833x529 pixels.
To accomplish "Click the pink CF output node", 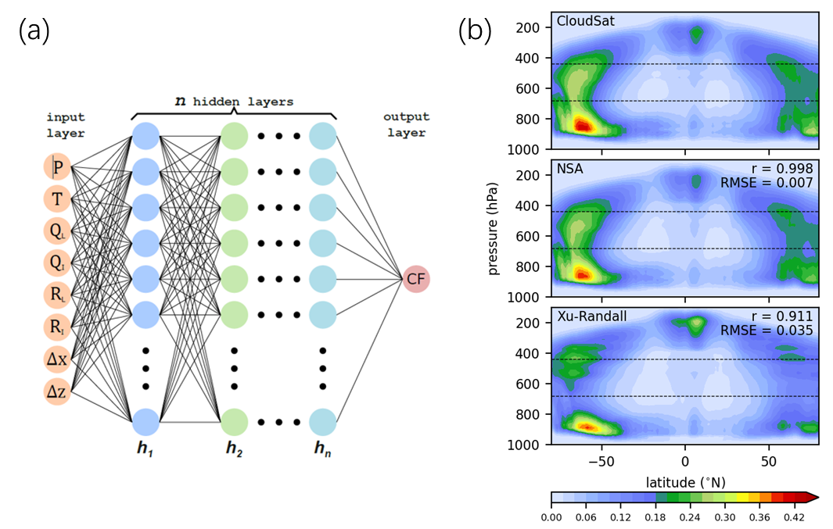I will click(x=416, y=279).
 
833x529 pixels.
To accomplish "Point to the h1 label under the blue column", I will click(x=145, y=449).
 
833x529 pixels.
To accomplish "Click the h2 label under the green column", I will click(x=234, y=449).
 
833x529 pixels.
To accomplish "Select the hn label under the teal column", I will click(x=322, y=449).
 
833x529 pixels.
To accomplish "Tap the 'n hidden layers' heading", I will click(x=234, y=102).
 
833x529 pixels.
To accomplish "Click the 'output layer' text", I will click(x=406, y=125).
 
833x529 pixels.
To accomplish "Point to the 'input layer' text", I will click(x=66, y=125).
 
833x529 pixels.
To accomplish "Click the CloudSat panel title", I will click(x=585, y=21).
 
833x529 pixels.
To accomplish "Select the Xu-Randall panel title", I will click(x=592, y=316).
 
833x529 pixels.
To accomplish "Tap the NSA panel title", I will click(x=569, y=169).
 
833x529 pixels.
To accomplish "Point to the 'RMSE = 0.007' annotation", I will click(x=767, y=184).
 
